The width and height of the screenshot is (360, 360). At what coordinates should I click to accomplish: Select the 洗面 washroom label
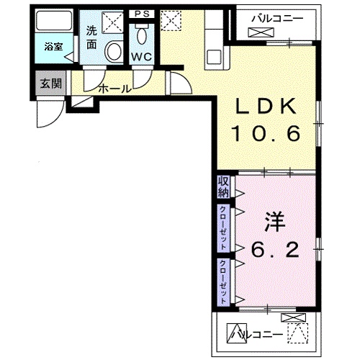tap(91, 38)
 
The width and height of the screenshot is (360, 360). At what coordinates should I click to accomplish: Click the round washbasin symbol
tap(114, 50)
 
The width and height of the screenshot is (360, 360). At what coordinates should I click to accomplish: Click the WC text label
tap(141, 57)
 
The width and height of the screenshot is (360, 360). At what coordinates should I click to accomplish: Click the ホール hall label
tap(114, 89)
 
